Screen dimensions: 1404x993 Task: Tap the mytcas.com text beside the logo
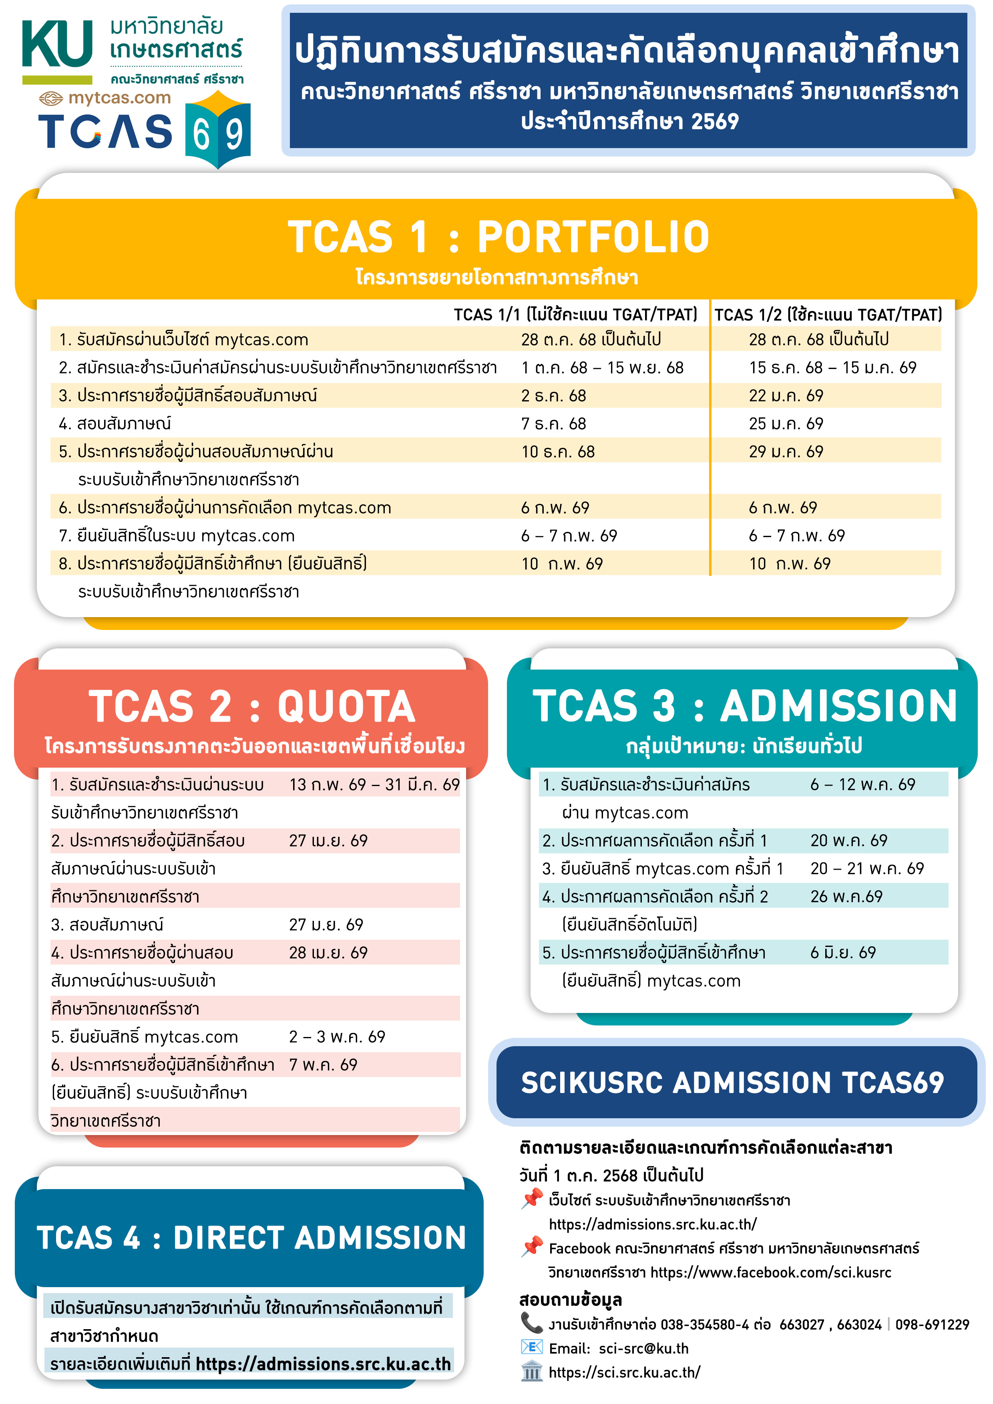pyautogui.click(x=119, y=98)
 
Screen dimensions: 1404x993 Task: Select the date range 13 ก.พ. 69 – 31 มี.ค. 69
pyautogui.click(x=374, y=784)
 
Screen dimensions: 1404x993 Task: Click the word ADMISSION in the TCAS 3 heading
pyautogui.click(x=838, y=706)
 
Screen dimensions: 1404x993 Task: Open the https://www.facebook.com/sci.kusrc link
pyautogui.click(x=770, y=1273)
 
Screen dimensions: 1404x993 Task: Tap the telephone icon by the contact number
pyautogui.click(x=531, y=1323)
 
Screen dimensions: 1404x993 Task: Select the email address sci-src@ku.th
pyautogui.click(x=643, y=1348)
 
